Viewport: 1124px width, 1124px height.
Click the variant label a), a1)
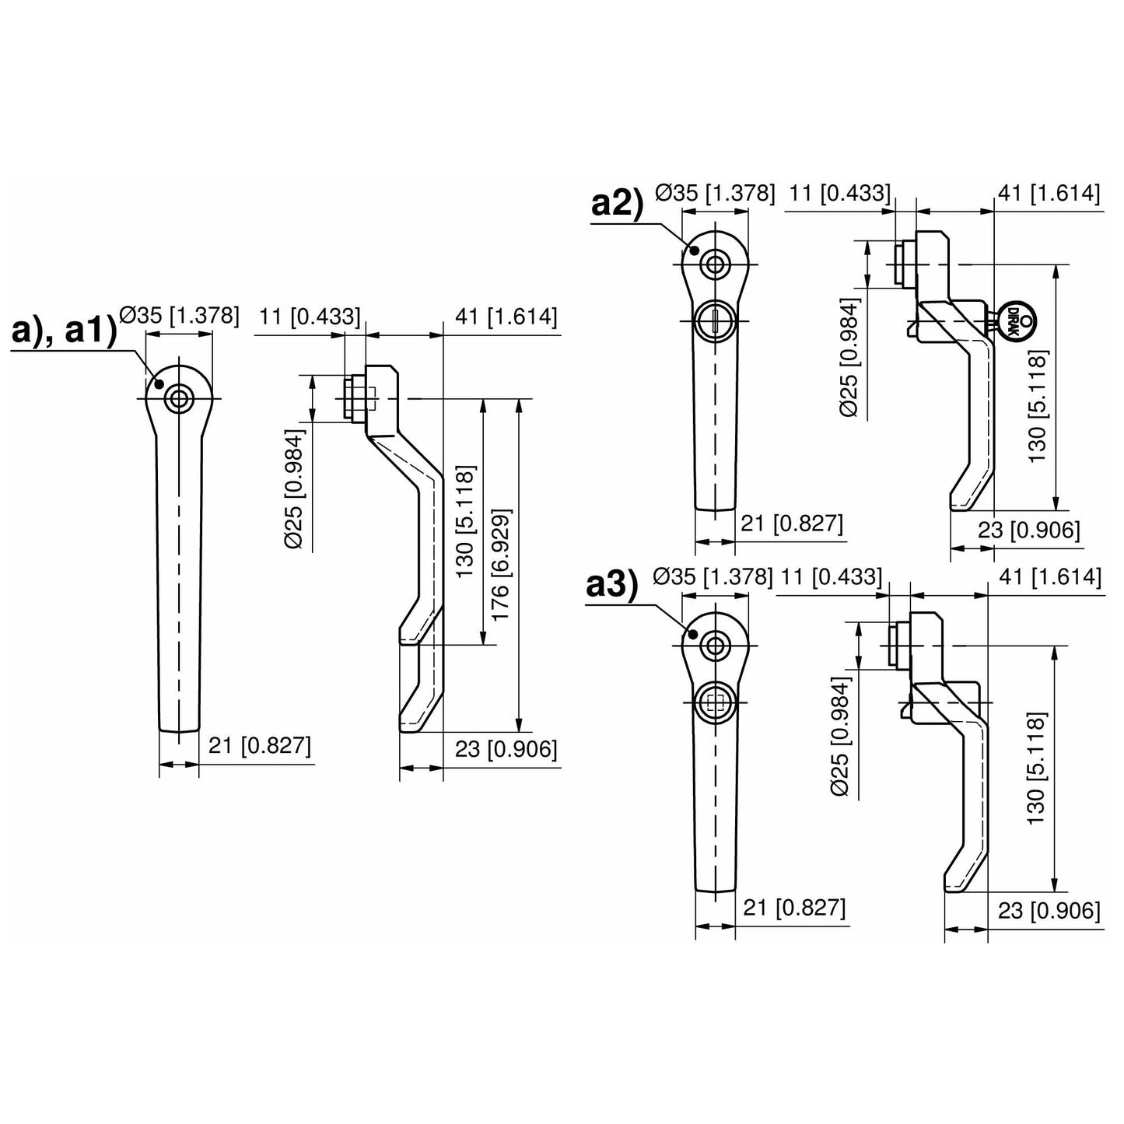tap(64, 331)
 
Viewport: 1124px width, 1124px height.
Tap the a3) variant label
tap(611, 586)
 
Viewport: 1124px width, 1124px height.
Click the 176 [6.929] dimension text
tap(500, 565)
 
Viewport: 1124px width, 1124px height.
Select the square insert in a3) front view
tap(714, 703)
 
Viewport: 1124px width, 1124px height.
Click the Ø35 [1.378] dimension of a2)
tap(715, 193)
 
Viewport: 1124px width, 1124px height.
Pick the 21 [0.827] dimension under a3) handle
tap(794, 907)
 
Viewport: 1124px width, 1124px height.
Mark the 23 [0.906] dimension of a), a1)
tap(506, 749)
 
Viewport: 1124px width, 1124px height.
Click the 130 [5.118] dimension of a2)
tap(1038, 406)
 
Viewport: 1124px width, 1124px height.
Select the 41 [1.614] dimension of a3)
tap(1049, 577)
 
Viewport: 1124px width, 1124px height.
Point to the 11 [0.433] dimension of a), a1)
tap(310, 316)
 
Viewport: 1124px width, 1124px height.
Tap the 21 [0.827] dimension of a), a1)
tap(259, 746)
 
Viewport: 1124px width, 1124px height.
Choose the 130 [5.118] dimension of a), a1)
tap(464, 522)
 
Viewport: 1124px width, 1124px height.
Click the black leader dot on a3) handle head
tap(691, 634)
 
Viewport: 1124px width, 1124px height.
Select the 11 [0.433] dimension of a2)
tap(839, 193)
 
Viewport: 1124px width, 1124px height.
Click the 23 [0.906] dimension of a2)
tap(1028, 530)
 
